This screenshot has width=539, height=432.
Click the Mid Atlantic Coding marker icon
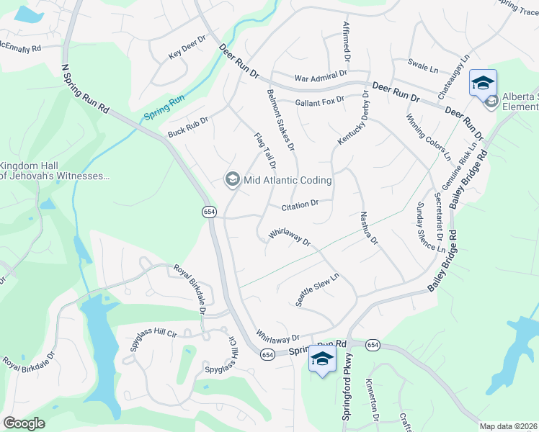[232, 179]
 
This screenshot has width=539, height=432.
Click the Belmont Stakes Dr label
[281, 120]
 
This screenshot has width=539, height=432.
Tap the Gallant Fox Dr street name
[319, 102]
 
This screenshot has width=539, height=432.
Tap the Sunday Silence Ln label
[430, 227]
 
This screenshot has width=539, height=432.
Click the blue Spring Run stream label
[164, 106]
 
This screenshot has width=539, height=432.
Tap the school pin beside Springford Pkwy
[321, 361]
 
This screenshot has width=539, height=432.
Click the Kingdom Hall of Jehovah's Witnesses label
[54, 170]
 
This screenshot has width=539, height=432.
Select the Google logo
[24, 423]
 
